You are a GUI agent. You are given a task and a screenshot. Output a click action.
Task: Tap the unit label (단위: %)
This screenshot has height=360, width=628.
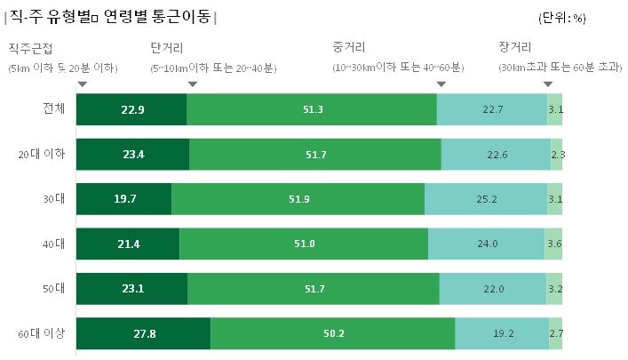562,17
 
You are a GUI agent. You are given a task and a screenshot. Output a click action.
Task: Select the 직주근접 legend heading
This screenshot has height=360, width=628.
29,47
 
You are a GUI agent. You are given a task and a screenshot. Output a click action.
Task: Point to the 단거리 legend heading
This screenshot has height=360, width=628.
167,47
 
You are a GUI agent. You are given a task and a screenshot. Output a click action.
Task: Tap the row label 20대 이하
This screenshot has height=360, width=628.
42,155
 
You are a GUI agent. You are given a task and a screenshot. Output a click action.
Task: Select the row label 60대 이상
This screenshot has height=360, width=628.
42,334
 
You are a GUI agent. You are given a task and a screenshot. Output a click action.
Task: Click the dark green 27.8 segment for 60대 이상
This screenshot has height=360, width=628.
143,333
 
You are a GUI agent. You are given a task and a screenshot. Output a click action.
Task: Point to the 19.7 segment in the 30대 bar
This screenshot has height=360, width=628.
123,199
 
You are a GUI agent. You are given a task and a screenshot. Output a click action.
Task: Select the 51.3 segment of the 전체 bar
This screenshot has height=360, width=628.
312,109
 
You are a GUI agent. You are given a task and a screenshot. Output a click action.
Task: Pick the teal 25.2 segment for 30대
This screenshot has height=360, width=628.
486,199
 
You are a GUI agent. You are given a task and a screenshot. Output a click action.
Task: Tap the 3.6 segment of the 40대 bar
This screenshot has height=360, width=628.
553,244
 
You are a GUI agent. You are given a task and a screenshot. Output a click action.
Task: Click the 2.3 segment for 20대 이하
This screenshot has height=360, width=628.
557,155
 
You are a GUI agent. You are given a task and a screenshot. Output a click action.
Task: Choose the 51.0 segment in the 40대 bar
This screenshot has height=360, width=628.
304,244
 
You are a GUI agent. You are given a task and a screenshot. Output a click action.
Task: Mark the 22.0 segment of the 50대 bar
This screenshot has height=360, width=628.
493,289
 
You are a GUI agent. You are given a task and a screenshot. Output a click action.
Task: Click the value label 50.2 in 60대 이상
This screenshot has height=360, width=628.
333,333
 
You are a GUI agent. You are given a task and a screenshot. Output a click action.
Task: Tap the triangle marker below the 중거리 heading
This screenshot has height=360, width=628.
441,84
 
